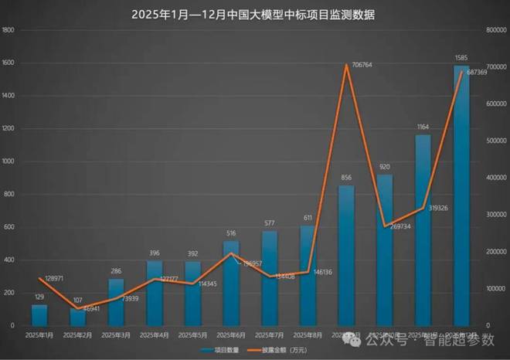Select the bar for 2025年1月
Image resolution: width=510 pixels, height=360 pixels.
pos(39,315)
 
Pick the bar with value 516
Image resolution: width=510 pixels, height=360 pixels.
pos(231,284)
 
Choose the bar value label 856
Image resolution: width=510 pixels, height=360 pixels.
pos(346,178)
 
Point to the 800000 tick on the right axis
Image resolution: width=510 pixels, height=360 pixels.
pos(496,30)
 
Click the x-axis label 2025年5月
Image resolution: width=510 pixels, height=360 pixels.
pos(192,335)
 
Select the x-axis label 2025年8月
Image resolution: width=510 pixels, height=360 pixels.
pos(308,335)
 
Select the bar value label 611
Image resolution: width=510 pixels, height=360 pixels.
pos(308,218)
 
